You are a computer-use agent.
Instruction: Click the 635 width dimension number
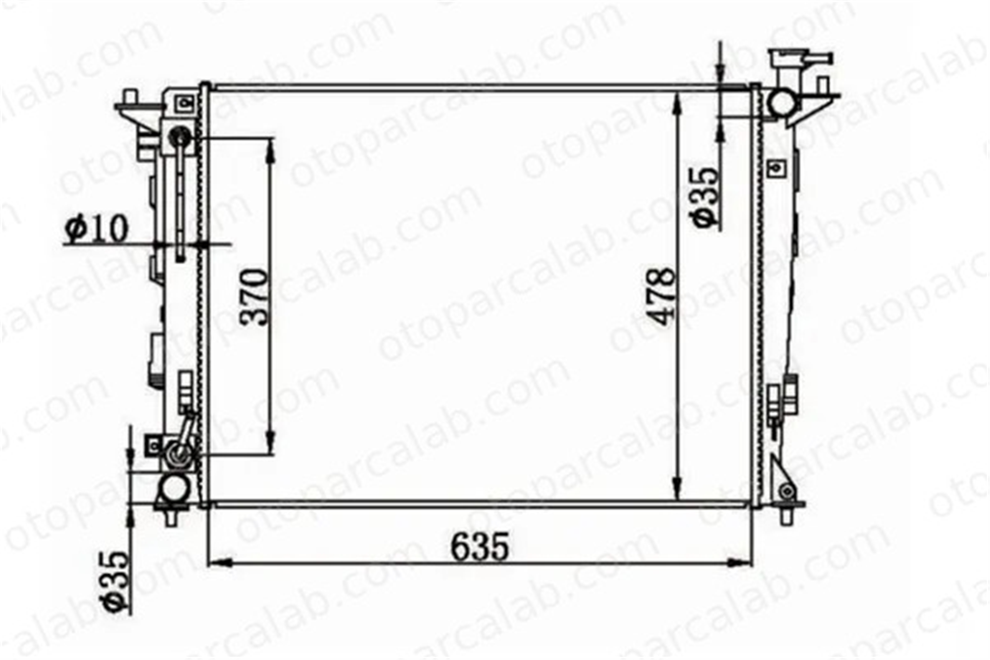click(x=480, y=546)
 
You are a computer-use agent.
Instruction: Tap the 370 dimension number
click(x=255, y=297)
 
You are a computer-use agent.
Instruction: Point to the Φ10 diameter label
click(x=97, y=228)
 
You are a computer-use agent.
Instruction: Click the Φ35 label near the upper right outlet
click(x=705, y=197)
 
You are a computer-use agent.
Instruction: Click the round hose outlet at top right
click(x=782, y=103)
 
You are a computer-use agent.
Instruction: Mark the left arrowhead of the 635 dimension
click(x=220, y=562)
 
